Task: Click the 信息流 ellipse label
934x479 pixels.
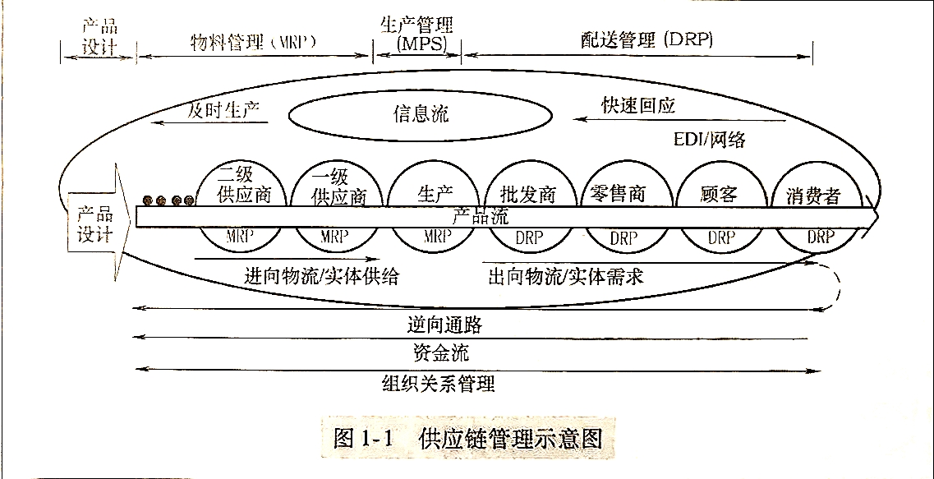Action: pos(420,113)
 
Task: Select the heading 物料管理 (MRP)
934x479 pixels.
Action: pos(253,40)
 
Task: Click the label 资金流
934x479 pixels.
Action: pos(441,353)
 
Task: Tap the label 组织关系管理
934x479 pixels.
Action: pos(439,383)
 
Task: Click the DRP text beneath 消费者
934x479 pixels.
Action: pos(820,237)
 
